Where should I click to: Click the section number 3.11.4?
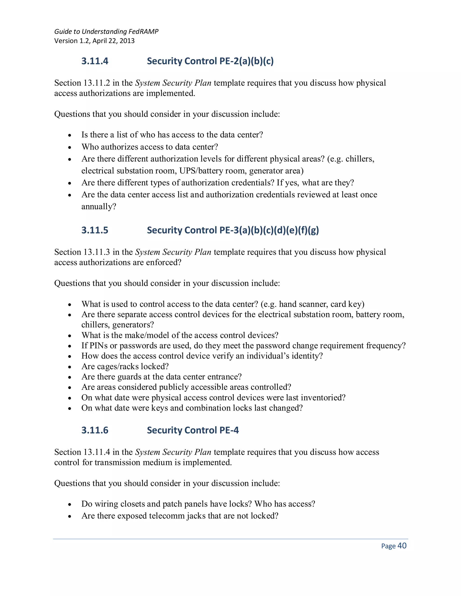pos(95,61)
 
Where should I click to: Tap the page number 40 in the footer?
pos(402,546)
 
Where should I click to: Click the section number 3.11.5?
pos(95,230)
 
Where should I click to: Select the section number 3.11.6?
pos(95,430)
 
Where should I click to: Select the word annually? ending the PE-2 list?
pos(99,207)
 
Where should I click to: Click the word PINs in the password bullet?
pos(99,346)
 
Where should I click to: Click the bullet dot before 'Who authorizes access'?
pos(70,148)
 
